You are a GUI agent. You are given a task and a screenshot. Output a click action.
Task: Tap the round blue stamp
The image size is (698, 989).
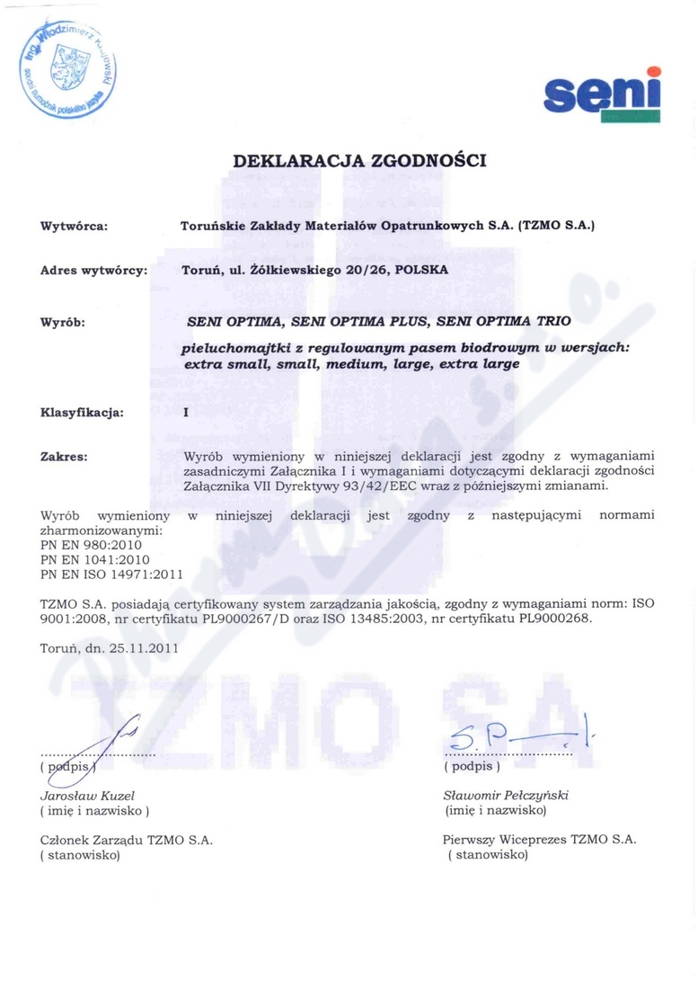point(67,69)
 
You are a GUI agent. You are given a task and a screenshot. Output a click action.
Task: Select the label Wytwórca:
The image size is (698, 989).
point(75,227)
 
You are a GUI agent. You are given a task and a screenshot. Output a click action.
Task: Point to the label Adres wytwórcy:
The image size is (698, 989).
point(94,270)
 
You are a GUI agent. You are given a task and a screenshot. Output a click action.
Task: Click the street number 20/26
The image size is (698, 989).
point(353,270)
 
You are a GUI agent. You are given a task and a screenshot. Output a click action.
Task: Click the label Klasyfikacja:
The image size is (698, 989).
point(82,413)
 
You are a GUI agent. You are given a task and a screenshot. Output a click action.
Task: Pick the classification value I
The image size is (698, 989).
point(185,413)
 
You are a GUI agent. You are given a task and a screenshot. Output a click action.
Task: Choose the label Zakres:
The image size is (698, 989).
point(64,457)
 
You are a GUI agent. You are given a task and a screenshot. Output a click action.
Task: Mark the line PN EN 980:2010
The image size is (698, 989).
point(91,545)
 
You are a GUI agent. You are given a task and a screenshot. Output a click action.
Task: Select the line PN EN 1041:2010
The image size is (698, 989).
point(94,559)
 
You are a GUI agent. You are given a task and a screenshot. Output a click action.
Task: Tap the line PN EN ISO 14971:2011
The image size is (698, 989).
point(111,574)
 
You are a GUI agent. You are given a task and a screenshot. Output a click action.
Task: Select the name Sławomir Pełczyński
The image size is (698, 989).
point(506,796)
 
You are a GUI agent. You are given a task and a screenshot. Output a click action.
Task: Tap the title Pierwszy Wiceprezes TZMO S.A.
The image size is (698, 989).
point(539,839)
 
